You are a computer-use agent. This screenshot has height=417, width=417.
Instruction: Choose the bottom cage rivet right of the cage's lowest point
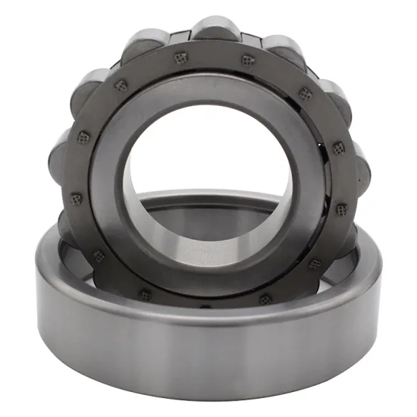(265, 300)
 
